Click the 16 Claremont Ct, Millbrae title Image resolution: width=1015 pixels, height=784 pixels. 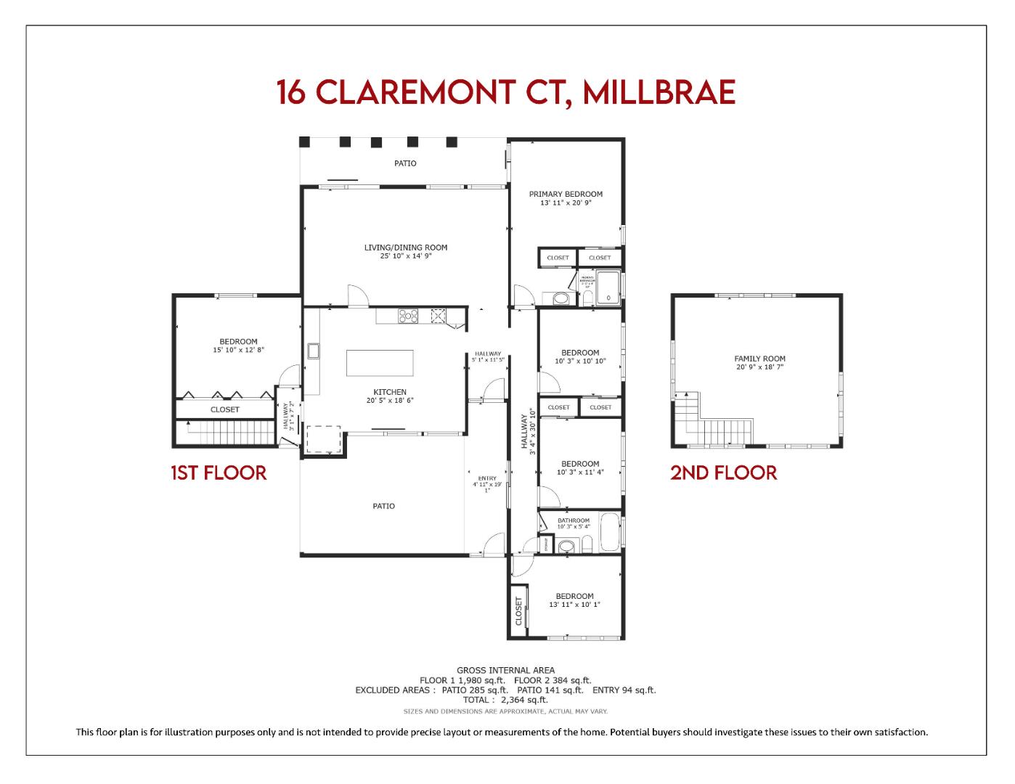(506, 92)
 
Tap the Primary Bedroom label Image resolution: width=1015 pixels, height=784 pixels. (566, 198)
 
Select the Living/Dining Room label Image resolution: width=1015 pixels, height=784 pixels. (406, 251)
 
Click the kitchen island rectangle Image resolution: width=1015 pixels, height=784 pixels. (380, 363)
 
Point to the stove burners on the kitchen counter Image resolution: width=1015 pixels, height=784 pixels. (407, 315)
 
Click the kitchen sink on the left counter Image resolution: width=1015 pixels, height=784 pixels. (314, 351)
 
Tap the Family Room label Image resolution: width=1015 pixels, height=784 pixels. (759, 362)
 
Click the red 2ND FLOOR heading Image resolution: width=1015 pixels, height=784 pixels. (723, 473)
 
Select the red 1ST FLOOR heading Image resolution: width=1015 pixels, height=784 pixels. (219, 473)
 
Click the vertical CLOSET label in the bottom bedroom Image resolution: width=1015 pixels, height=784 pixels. (518, 611)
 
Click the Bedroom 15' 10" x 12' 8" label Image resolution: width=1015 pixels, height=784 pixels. (238, 346)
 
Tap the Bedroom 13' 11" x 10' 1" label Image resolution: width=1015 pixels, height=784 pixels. (574, 600)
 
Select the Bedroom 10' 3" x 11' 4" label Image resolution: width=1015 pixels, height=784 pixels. (580, 467)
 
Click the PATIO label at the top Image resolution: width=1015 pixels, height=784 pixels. (405, 163)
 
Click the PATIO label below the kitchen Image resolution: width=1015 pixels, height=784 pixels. (383, 506)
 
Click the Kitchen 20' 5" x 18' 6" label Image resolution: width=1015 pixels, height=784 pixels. (390, 396)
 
